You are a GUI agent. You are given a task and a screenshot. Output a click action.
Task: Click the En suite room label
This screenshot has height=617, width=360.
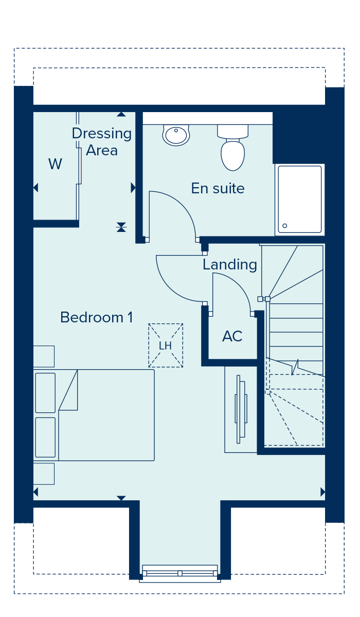(218, 188)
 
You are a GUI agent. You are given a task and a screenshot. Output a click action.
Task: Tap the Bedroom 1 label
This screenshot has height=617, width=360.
(96, 317)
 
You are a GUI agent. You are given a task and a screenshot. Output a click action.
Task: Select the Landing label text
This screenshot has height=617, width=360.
(230, 265)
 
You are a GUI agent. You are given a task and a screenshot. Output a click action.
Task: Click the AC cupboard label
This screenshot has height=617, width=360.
(232, 336)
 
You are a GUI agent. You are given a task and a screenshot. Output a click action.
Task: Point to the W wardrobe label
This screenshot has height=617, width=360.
(55, 164)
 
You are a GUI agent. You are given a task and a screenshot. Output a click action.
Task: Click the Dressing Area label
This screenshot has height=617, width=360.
(102, 142)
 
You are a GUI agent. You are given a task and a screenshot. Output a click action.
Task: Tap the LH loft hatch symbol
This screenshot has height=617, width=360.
(166, 346)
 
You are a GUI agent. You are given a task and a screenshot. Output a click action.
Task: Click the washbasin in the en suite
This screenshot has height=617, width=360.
(176, 135)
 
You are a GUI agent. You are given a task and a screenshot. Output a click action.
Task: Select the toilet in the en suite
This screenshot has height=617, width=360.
(233, 148)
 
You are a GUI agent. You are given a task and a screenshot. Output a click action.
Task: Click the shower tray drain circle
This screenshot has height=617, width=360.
(285, 226)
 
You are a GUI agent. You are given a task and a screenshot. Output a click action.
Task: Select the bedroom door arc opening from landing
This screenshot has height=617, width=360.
(169, 287)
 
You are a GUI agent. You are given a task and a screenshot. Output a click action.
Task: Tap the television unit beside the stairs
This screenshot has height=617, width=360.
(241, 409)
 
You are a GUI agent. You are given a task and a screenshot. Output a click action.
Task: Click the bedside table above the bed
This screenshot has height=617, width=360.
(44, 356)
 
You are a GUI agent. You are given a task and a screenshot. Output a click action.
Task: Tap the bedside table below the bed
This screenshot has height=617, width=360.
(44, 474)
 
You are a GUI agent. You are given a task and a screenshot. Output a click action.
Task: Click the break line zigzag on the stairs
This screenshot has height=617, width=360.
(295, 367)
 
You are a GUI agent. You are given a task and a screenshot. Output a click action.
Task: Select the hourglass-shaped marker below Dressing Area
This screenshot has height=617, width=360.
(121, 227)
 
